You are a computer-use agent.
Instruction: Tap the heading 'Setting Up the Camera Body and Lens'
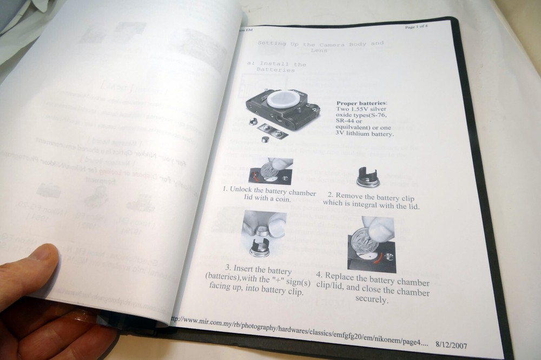pos(320,45)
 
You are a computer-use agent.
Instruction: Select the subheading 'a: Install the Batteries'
pos(276,67)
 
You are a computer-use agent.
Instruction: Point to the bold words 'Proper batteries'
pos(361,103)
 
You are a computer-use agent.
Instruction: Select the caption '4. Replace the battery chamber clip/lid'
pos(373,287)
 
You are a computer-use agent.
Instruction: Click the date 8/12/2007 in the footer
pos(451,345)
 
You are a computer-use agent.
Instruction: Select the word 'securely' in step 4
pos(372,301)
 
